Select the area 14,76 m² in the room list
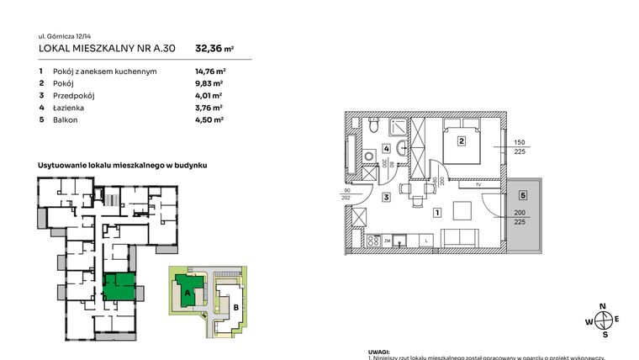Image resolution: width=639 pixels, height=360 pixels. (x=209, y=71)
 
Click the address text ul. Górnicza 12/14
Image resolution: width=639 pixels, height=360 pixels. (x=67, y=37)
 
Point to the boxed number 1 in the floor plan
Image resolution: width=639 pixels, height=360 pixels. (x=437, y=214)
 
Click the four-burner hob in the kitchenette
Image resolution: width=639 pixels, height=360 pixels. (x=370, y=241)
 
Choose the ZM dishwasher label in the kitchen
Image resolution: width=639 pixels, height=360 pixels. (x=388, y=241)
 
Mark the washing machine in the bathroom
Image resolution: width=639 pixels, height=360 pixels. (x=367, y=158)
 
